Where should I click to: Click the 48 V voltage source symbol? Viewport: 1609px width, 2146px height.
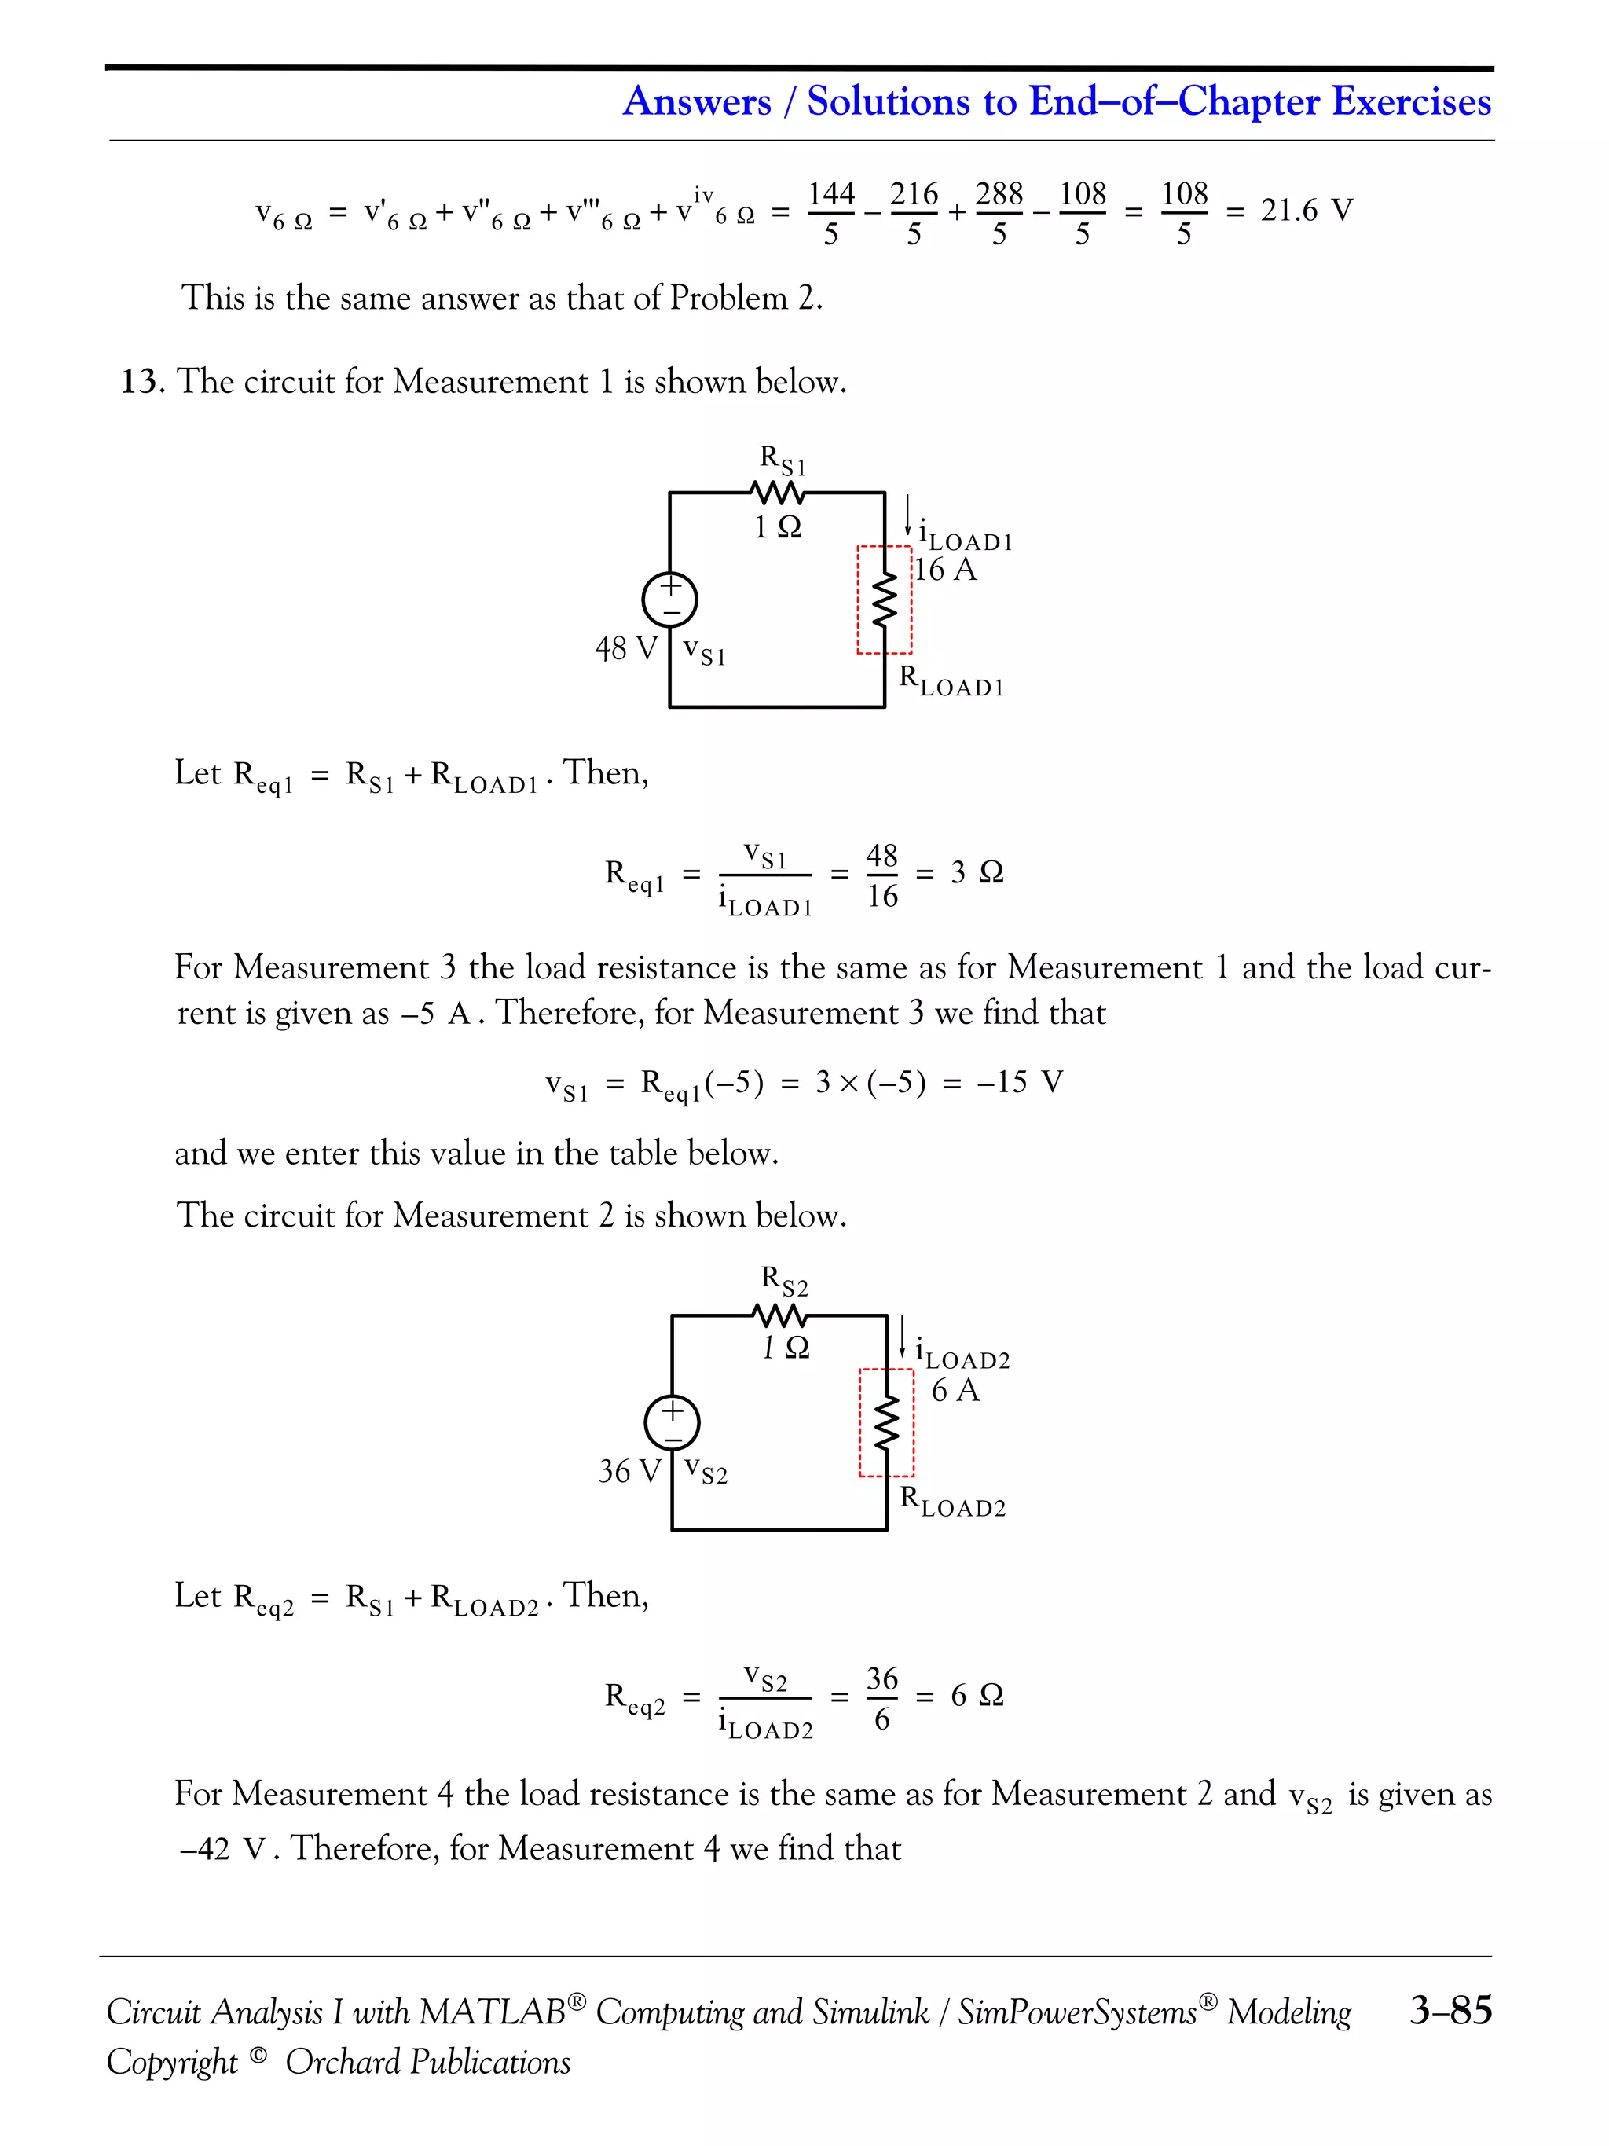pyautogui.click(x=670, y=599)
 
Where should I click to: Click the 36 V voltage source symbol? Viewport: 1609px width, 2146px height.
pyautogui.click(x=672, y=1422)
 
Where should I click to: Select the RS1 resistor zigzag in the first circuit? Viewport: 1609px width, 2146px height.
pyautogui.click(x=778, y=493)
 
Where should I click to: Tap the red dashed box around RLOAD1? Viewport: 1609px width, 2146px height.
pyautogui.click(x=885, y=600)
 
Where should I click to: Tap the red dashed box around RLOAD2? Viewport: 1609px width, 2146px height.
pyautogui.click(x=886, y=1422)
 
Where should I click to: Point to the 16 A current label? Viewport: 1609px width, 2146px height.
pyautogui.click(x=946, y=570)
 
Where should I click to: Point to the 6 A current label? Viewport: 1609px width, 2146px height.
pyautogui.click(x=955, y=1390)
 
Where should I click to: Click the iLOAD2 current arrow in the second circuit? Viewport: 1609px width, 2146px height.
pyautogui.click(x=903, y=1337)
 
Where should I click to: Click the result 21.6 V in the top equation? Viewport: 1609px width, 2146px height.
pyautogui.click(x=1306, y=211)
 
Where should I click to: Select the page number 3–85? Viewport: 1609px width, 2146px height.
pyautogui.click(x=1450, y=2009)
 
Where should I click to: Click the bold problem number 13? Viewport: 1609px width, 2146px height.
pyautogui.click(x=141, y=381)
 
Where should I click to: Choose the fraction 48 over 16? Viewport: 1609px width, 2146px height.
pyautogui.click(x=881, y=875)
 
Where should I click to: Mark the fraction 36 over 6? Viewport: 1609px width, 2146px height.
pyautogui.click(x=881, y=1699)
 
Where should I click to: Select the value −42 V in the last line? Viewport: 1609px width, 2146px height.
pyautogui.click(x=223, y=1849)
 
